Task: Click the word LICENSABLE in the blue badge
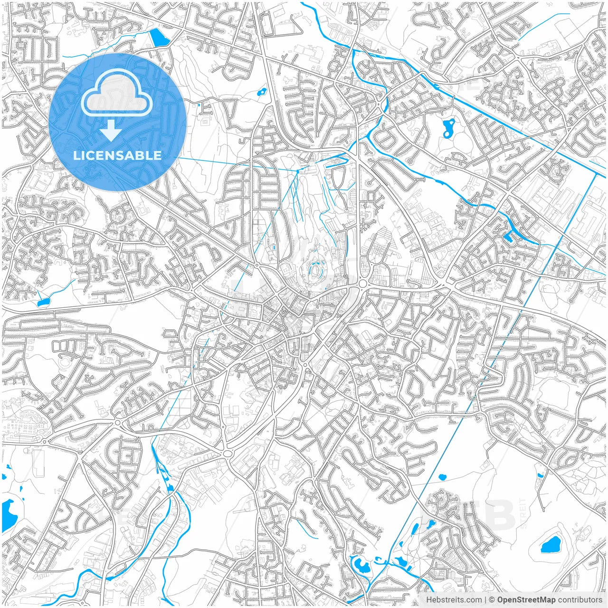[117, 155]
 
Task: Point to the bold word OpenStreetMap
[526, 599]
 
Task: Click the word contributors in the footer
[579, 599]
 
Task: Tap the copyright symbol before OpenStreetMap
[492, 599]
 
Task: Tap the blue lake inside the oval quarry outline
[551, 544]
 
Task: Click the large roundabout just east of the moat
[363, 284]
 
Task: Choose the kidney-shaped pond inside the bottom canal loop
[361, 565]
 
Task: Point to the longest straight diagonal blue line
[480, 380]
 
